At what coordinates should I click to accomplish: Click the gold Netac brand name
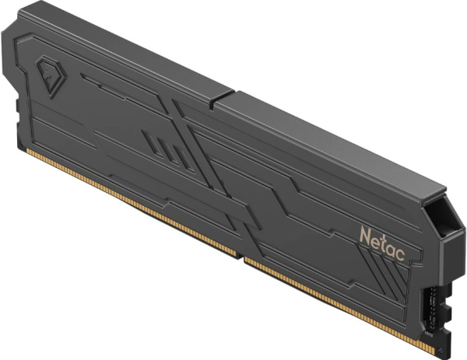(383, 243)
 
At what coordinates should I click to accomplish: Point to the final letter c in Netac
(401, 254)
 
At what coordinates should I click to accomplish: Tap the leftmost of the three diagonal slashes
(152, 142)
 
